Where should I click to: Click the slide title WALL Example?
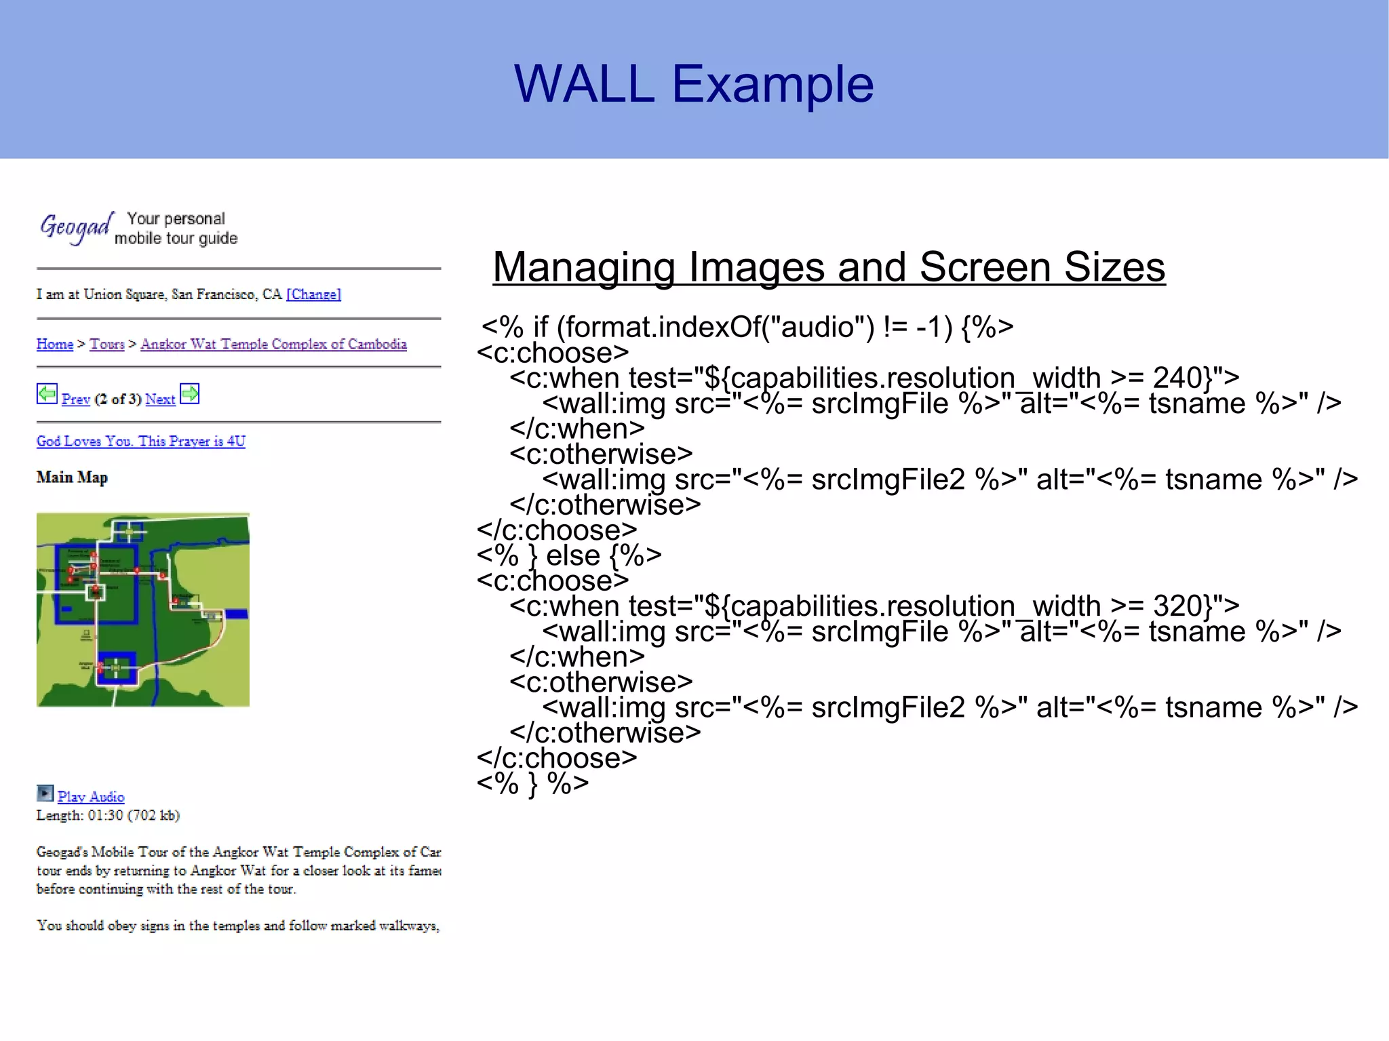click(x=693, y=84)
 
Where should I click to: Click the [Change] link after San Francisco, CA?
click(x=313, y=294)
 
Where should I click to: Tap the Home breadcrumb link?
click(x=54, y=344)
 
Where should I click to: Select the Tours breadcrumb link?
click(x=107, y=344)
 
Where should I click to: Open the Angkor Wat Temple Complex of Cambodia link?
click(x=273, y=344)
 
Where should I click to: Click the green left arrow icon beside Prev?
click(x=47, y=393)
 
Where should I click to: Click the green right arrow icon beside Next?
click(x=190, y=393)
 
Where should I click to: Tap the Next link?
click(x=160, y=399)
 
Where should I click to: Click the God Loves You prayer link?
click(x=140, y=441)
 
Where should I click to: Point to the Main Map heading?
click(x=72, y=477)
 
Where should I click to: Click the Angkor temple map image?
click(x=143, y=610)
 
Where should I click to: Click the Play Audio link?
click(x=91, y=797)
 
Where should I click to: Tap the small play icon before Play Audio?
click(x=45, y=793)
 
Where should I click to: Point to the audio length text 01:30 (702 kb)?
click(x=133, y=815)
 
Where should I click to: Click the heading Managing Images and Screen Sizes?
click(x=828, y=267)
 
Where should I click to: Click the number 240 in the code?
click(x=1181, y=377)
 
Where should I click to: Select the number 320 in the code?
click(x=1181, y=605)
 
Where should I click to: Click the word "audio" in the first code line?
click(x=817, y=328)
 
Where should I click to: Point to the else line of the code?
click(x=568, y=555)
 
